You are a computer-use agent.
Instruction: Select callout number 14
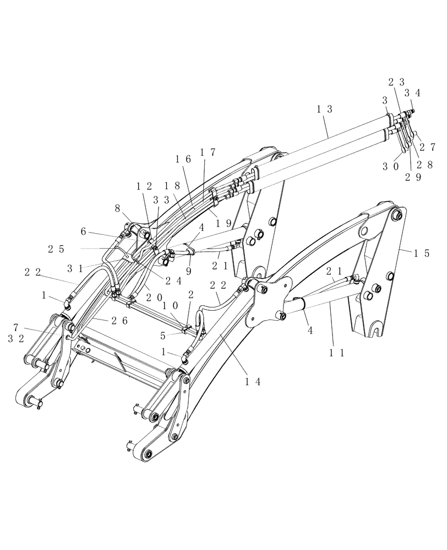(252, 380)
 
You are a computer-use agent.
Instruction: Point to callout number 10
(170, 305)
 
